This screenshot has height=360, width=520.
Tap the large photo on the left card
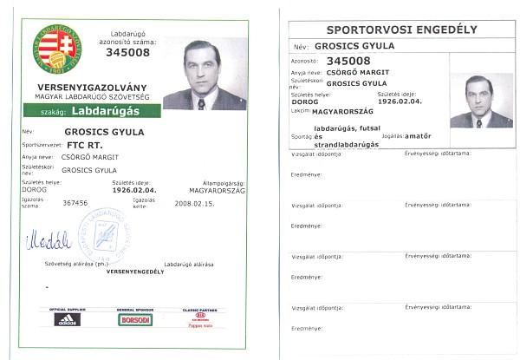click(205, 75)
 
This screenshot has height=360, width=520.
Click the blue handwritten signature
click(48, 239)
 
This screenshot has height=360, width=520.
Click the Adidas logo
click(66, 319)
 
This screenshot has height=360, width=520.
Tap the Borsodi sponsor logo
click(134, 319)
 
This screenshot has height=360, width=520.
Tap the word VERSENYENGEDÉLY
click(134, 272)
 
